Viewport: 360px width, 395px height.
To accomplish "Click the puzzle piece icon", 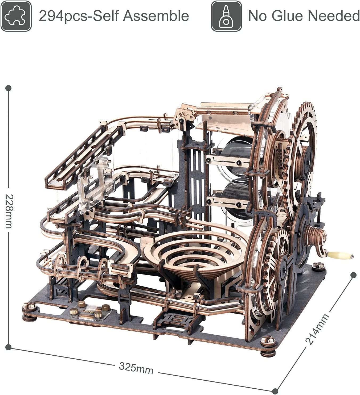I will (x=16, y=16).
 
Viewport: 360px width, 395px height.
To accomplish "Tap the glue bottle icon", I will (x=226, y=16).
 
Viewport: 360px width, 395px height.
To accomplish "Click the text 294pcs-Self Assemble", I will (x=114, y=16).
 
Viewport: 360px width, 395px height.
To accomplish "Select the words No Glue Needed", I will (x=304, y=16).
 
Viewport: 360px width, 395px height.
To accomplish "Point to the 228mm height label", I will (x=9, y=211).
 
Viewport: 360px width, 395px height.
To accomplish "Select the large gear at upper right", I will (x=304, y=149).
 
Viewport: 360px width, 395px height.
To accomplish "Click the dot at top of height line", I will (x=9, y=88).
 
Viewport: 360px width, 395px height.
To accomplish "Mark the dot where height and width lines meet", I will (x=9, y=347).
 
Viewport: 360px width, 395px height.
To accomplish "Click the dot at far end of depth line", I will (x=353, y=275).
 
